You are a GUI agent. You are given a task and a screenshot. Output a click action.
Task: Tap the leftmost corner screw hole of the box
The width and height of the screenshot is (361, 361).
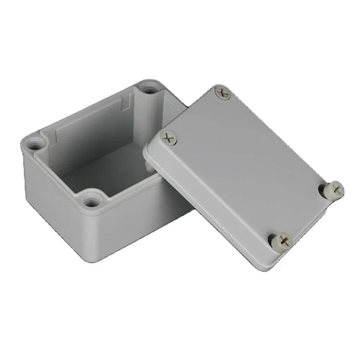(34, 144)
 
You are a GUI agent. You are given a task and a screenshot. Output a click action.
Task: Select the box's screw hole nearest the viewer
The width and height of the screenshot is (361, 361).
(92, 200)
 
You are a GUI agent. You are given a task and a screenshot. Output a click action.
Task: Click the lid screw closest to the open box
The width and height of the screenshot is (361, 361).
(169, 138)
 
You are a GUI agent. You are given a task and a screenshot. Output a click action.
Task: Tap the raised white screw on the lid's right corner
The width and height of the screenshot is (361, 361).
(332, 190)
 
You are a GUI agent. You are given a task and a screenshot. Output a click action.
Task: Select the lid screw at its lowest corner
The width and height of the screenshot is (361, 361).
(280, 239)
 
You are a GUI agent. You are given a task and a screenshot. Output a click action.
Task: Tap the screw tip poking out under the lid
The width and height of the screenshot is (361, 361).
(148, 165)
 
